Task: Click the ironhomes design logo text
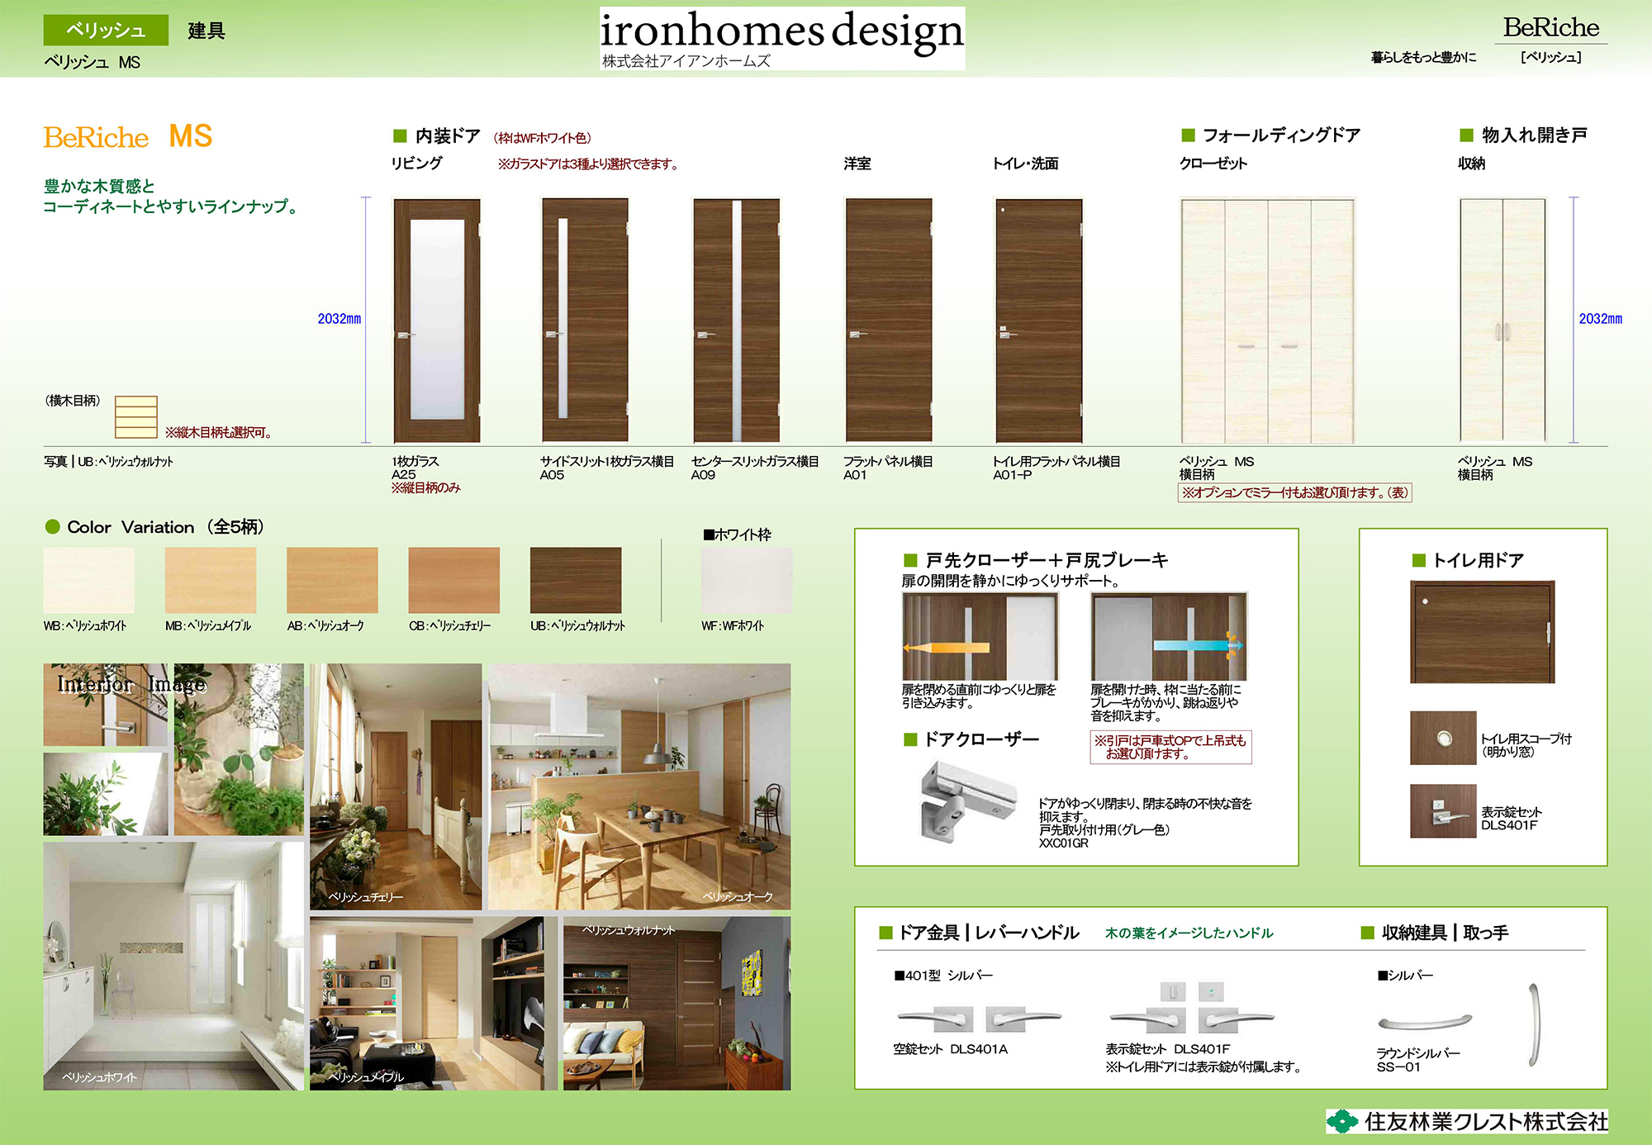pyautogui.click(x=781, y=31)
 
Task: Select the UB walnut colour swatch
pyautogui.click(x=576, y=580)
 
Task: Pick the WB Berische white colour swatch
pyautogui.click(x=89, y=580)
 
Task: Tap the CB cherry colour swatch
pyautogui.click(x=454, y=580)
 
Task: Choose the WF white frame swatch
pyautogui.click(x=747, y=580)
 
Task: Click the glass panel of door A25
pyautogui.click(x=437, y=320)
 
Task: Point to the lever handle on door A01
pyautogui.click(x=857, y=335)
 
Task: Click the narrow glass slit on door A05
pyautogui.click(x=563, y=317)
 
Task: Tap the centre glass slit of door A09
pyautogui.click(x=737, y=321)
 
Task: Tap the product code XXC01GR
pyautogui.click(x=1063, y=843)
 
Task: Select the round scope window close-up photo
pyautogui.click(x=1443, y=738)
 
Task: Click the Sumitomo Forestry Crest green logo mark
pyautogui.click(x=1342, y=1121)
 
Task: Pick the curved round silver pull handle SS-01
pyautogui.click(x=1425, y=1023)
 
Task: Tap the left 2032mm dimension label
pyautogui.click(x=339, y=319)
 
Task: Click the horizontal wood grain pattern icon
pyautogui.click(x=136, y=417)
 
